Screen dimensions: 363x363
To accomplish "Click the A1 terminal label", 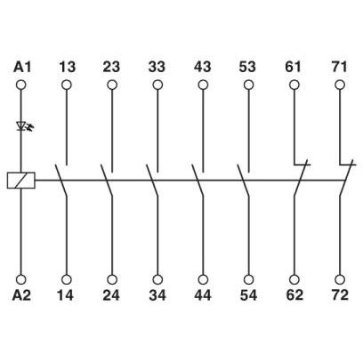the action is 22,67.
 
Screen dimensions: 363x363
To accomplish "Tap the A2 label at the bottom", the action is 21,295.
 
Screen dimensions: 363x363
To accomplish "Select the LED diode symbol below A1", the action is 24,126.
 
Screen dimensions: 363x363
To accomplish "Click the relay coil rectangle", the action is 21,180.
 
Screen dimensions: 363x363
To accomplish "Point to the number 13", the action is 67,67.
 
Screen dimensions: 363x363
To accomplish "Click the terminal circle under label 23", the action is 112,85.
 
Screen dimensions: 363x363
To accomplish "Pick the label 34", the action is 157,295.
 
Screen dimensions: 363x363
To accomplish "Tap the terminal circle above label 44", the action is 203,279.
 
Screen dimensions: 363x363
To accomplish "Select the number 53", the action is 247,67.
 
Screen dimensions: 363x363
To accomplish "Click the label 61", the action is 293,67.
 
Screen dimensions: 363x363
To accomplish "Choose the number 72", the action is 340,295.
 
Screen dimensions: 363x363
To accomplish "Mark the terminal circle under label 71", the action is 340,85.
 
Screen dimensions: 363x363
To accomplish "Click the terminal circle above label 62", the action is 294,279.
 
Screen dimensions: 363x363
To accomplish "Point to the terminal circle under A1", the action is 21,85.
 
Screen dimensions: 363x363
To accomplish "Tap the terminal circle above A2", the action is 21,279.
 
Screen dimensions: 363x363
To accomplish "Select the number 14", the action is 65,295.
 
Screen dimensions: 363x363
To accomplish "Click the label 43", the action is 203,67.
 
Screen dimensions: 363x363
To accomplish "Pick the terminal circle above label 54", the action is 248,279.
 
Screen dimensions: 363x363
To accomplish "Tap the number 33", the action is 157,67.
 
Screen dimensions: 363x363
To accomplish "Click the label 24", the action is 111,295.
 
